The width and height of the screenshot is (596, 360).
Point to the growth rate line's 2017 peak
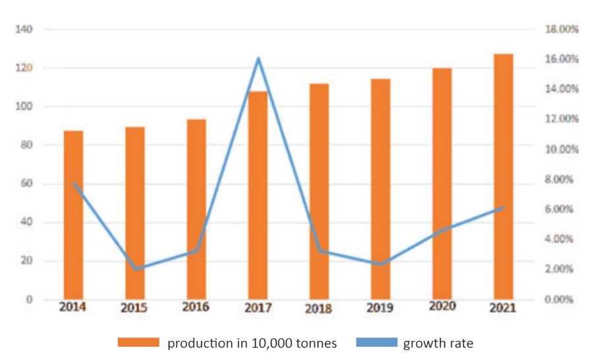[x=258, y=59]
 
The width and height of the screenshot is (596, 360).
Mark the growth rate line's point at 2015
[x=135, y=269]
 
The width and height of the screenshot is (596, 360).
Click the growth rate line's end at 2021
[x=503, y=207]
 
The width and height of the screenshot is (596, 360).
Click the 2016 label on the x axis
[x=196, y=307]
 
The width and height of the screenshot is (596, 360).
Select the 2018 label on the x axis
[x=319, y=308]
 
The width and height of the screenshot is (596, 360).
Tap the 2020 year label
[x=442, y=306]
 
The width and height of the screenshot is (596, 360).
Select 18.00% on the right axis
[x=561, y=30]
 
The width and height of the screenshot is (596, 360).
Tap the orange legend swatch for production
[x=139, y=342]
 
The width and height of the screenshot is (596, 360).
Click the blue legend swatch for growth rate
[x=377, y=342]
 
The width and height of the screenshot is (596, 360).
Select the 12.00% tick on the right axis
[x=561, y=119]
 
